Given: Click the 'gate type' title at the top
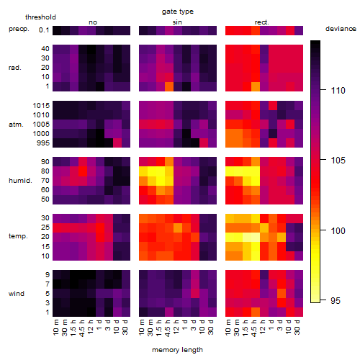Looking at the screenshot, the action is point(178,12).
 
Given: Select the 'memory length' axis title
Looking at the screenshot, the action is point(178,350).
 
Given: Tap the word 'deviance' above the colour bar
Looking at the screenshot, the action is point(341,29).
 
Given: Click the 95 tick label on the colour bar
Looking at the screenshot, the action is point(336,300).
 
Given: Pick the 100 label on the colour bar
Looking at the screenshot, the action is point(338,230).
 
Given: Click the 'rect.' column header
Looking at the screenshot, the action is point(262,22).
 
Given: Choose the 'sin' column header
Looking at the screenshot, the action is point(177,22).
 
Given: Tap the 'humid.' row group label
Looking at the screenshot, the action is point(20,181).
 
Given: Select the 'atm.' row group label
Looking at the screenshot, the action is point(16,125).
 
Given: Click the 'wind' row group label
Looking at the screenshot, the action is point(17,294).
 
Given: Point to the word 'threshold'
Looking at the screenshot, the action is point(40,17).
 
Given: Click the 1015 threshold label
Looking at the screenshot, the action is point(41,106).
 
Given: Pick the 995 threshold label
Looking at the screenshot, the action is point(43,143).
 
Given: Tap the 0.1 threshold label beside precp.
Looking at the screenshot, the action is point(44,30).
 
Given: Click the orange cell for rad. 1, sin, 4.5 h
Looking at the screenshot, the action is point(169,86).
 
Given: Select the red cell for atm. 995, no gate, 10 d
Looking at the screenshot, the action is point(117,143).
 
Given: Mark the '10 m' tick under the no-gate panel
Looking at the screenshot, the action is point(56,328).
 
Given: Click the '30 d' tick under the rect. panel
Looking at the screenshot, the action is point(297,328).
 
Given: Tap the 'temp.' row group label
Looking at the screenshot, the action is point(18,236).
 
